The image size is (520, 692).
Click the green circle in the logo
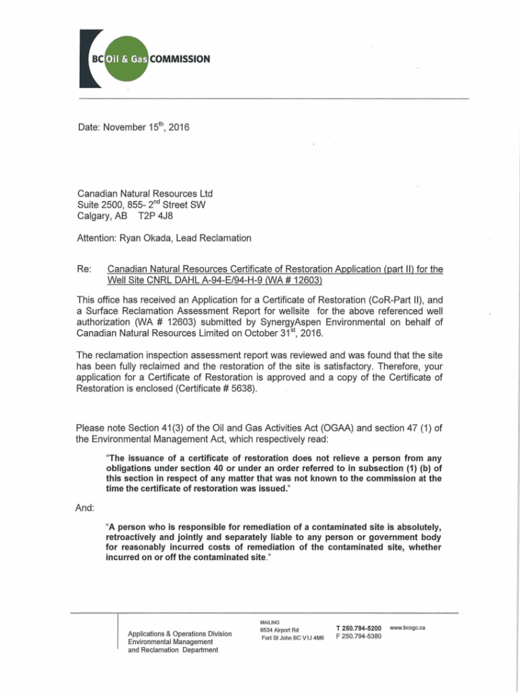click(126, 58)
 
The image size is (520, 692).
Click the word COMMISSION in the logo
click(180, 58)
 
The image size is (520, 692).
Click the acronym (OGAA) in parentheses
click(321, 427)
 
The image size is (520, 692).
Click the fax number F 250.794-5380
click(359, 637)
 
